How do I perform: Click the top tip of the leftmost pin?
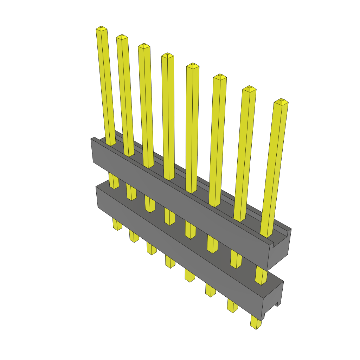point(101,28)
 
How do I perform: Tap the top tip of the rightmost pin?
point(281,102)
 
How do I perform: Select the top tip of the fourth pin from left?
point(167,55)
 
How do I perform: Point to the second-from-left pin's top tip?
point(122,37)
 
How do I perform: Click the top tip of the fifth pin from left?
point(192,65)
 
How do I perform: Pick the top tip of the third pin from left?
point(144,46)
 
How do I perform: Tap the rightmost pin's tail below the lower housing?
point(256,322)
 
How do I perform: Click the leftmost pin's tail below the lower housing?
point(117,224)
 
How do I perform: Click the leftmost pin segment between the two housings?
point(114,181)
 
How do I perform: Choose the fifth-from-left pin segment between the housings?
point(190,230)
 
